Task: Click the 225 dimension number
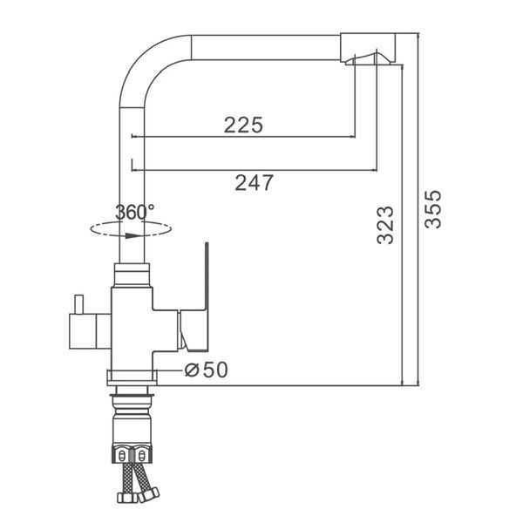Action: [243, 125]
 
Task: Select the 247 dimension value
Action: [255, 183]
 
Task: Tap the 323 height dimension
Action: [385, 225]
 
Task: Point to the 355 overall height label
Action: [433, 209]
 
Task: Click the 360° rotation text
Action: [135, 212]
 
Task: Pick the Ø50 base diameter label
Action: [207, 370]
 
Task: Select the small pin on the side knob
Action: [79, 304]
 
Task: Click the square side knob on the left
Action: [83, 331]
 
